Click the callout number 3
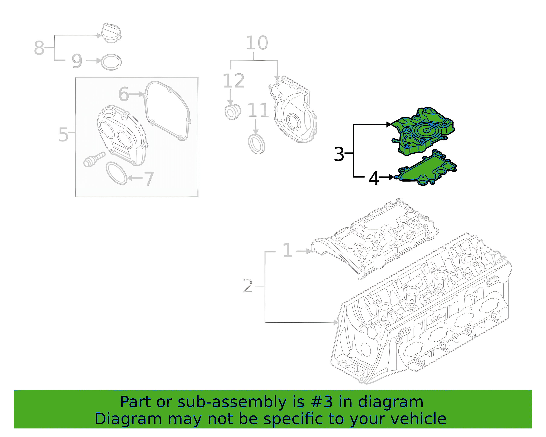click(339, 154)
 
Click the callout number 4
click(374, 178)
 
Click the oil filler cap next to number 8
click(111, 33)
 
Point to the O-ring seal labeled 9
click(111, 62)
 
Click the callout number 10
click(257, 43)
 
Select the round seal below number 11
click(257, 144)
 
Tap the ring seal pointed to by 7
click(116, 173)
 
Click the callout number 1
click(288, 250)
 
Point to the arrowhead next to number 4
click(392, 177)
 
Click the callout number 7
click(149, 179)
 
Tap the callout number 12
click(233, 81)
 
